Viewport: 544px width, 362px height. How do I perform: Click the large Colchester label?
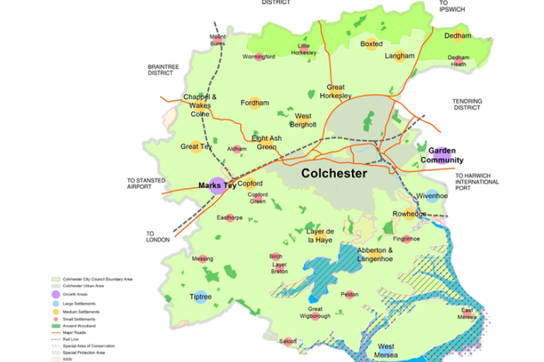(x=334, y=173)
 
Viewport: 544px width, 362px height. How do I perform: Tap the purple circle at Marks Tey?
(x=217, y=186)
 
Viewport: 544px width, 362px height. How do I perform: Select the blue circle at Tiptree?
(x=201, y=297)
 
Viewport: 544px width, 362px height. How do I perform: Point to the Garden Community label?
(x=442, y=156)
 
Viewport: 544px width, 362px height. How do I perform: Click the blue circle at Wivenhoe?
(x=432, y=196)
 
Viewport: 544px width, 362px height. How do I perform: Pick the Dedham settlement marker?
(x=458, y=36)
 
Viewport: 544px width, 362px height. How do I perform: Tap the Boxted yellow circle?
(x=371, y=44)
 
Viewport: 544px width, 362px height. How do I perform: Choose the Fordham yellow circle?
(x=255, y=103)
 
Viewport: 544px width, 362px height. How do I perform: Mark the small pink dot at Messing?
(x=203, y=259)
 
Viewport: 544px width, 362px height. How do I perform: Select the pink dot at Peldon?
(x=349, y=294)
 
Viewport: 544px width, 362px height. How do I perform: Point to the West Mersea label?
(x=386, y=350)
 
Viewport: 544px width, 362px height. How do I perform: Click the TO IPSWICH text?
(x=453, y=7)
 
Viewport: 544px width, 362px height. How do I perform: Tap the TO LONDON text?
(x=158, y=236)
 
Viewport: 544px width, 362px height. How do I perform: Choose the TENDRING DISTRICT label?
(x=467, y=105)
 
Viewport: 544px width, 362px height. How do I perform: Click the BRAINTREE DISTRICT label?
(x=164, y=70)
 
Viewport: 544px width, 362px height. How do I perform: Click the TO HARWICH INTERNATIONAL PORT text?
(x=477, y=182)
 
